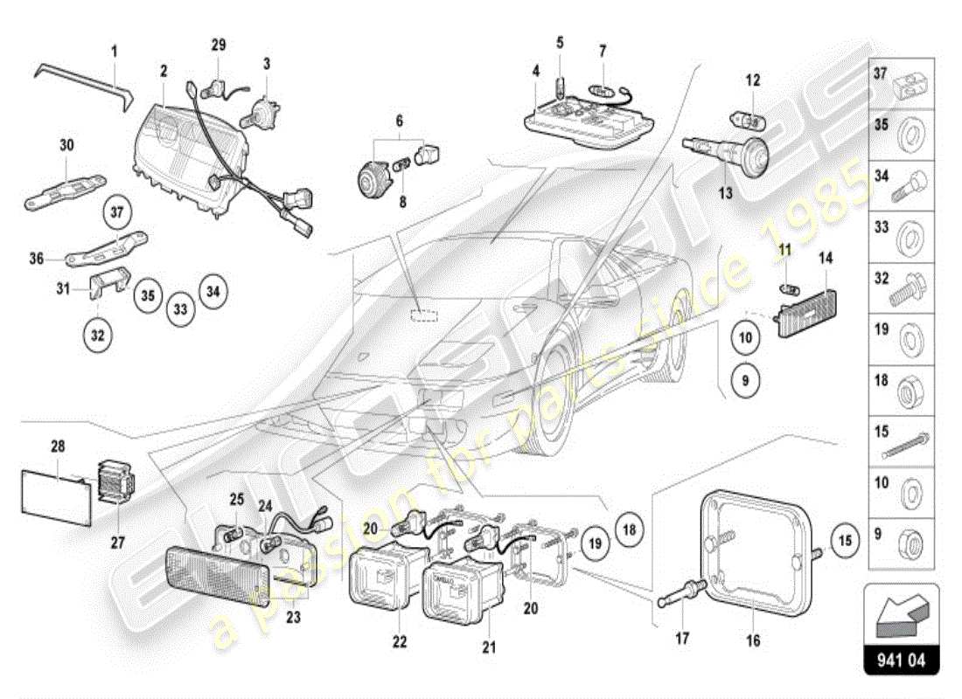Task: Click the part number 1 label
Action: [113, 52]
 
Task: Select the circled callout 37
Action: [119, 210]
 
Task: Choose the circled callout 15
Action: [845, 539]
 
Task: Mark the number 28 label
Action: [58, 446]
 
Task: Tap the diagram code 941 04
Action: [901, 661]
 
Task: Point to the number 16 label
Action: [753, 641]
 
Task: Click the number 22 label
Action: [400, 642]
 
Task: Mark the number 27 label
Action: [118, 543]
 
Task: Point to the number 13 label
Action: [726, 194]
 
